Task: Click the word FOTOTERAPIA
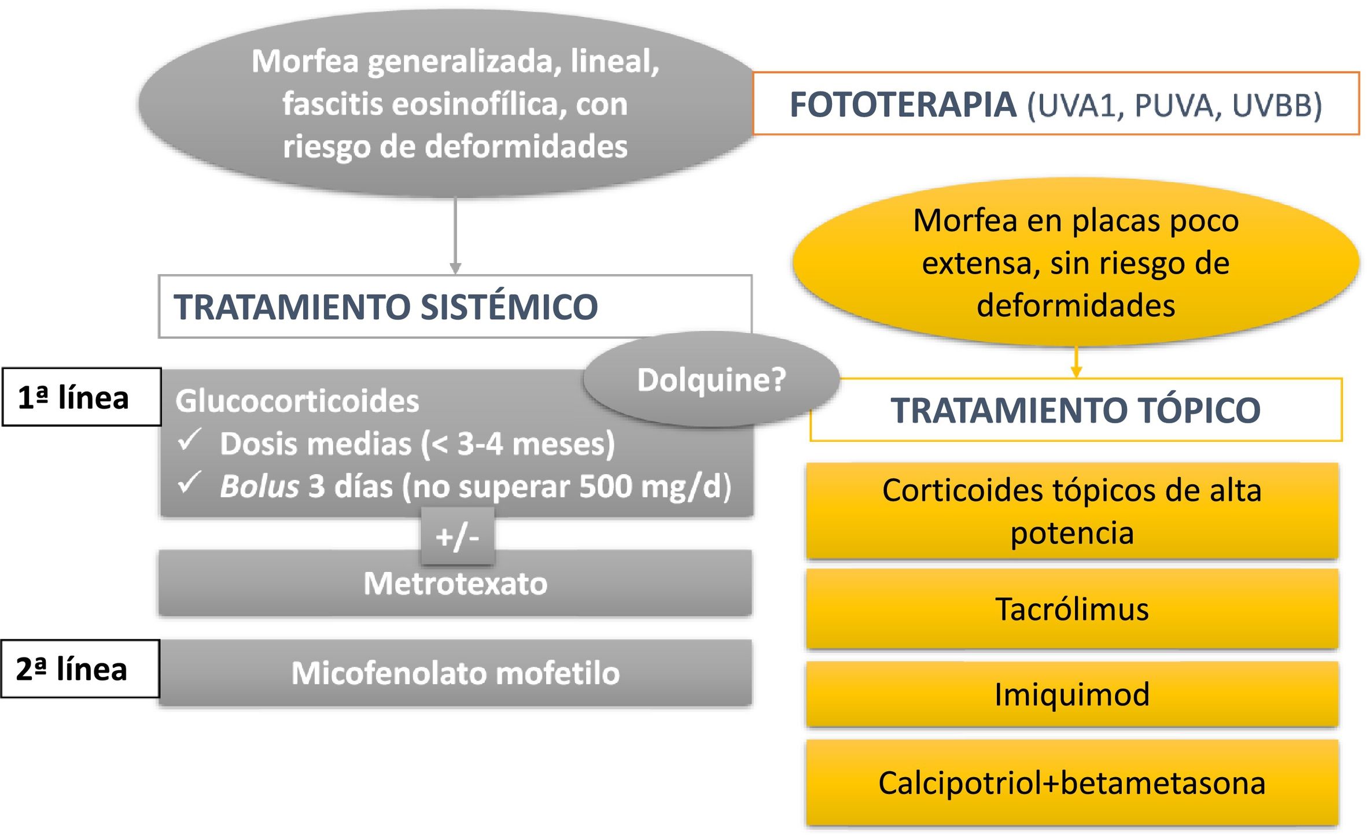pyautogui.click(x=903, y=105)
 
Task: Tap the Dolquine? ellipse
pyautogui.click(x=711, y=380)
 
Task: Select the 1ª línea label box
pyautogui.click(x=81, y=397)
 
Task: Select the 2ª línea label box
pyautogui.click(x=80, y=669)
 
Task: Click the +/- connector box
pyautogui.click(x=457, y=537)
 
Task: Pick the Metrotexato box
pyautogui.click(x=455, y=583)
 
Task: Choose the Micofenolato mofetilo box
pyautogui.click(x=455, y=673)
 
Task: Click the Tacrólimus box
pyautogui.click(x=1071, y=609)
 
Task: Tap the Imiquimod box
pyautogui.click(x=1071, y=694)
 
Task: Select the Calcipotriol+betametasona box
pyautogui.click(x=1071, y=783)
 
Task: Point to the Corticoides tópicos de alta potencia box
pyautogui.click(x=1071, y=511)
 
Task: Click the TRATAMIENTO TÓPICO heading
pyautogui.click(x=1075, y=410)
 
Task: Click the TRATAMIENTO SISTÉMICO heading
pyautogui.click(x=386, y=306)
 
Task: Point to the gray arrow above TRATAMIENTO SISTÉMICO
pyautogui.click(x=455, y=237)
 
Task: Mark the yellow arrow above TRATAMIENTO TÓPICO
pyautogui.click(x=1076, y=363)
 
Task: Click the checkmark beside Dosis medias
pyautogui.click(x=189, y=441)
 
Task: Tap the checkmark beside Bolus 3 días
pyautogui.click(x=189, y=483)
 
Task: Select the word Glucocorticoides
pyautogui.click(x=297, y=401)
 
